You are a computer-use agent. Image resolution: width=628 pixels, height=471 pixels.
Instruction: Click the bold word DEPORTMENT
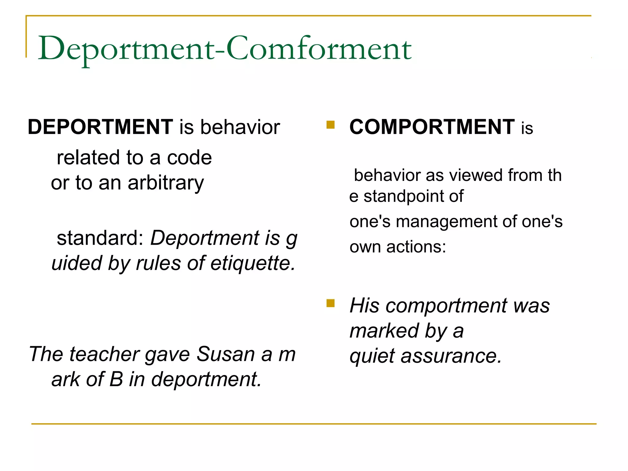pos(100,127)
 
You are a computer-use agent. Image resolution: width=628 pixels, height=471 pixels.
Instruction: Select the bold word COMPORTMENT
pos(432,127)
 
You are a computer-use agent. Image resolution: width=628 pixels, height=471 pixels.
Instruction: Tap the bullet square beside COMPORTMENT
pos(330,125)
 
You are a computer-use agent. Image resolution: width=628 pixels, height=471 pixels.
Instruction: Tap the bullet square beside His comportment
pos(330,303)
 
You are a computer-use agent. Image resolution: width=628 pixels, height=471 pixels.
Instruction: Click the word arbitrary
pos(166,183)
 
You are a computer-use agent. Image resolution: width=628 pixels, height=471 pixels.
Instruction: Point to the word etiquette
pos(253,263)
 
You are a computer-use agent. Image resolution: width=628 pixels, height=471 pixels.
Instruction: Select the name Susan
pos(226,354)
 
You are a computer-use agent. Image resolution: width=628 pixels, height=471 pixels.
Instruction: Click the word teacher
pos(105,354)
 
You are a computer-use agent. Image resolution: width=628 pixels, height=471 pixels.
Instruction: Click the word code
pos(189,158)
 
